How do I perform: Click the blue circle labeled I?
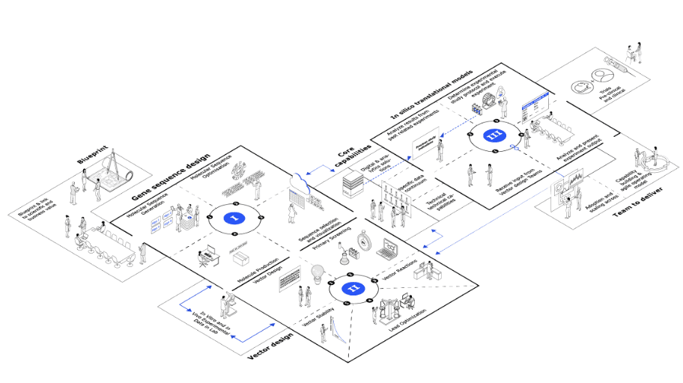pos(235,218)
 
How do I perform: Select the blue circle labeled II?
pos(353,287)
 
